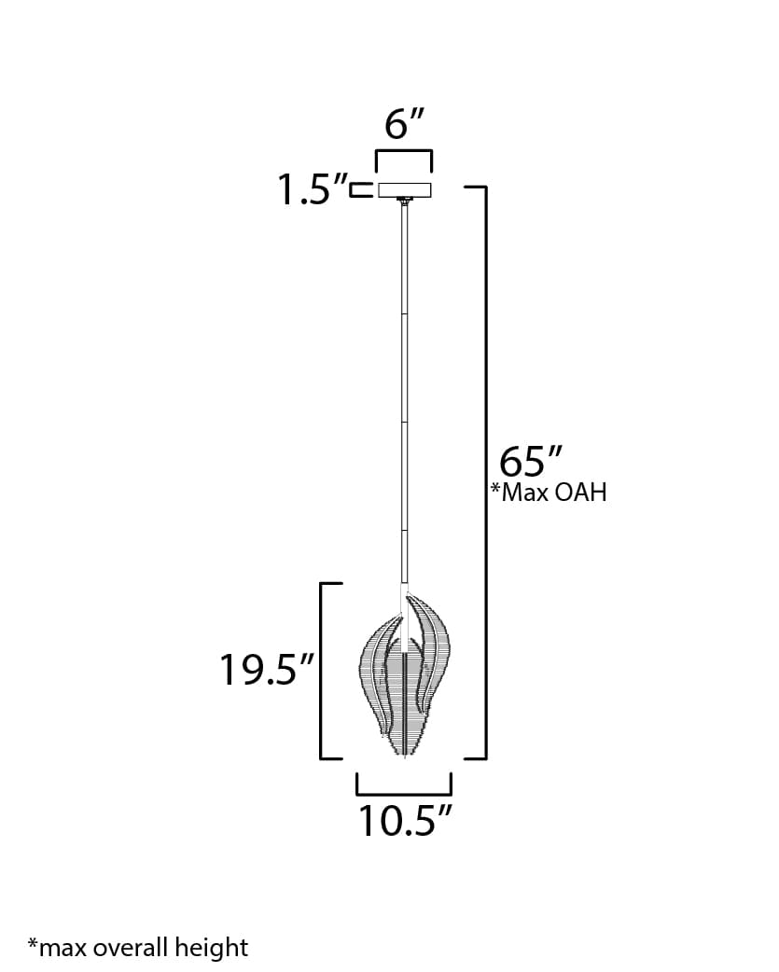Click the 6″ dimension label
404,123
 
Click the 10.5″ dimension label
405,820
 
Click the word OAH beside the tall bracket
580,493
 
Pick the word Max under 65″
526,493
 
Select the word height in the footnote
218,949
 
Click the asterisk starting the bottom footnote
32,946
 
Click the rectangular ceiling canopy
404,189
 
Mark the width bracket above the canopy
404,152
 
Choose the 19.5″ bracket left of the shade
323,670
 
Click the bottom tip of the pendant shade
403,754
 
